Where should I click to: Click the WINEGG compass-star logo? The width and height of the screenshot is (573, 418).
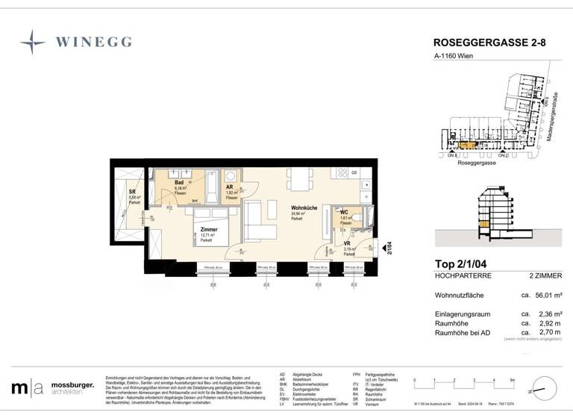[32, 41]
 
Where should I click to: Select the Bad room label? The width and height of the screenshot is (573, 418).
[180, 182]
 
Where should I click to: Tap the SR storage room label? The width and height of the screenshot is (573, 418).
[132, 193]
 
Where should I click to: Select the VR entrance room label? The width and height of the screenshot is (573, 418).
[348, 243]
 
